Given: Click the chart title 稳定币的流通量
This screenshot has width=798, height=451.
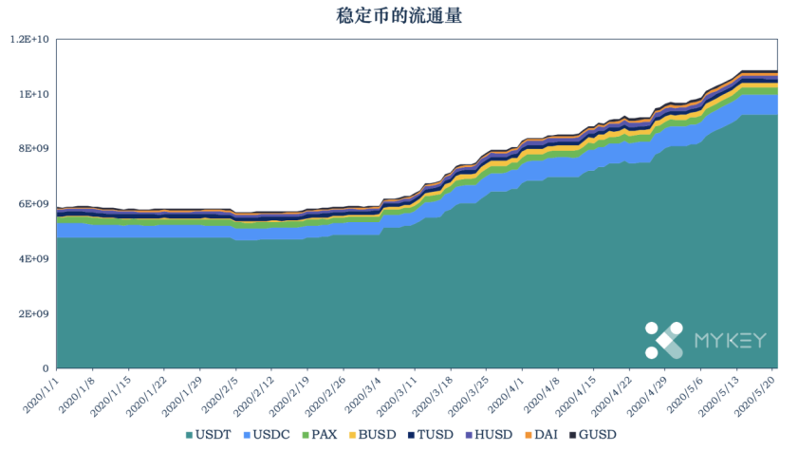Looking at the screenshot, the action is point(399,15).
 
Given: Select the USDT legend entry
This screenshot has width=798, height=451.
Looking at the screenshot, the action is point(209,435).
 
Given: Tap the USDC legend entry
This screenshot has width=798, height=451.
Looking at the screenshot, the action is point(268,435).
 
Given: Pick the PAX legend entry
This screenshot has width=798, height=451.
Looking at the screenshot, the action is point(320,435).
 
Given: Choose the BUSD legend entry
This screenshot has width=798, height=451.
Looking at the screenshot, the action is point(373,435).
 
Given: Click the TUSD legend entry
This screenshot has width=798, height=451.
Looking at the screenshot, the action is point(431,435).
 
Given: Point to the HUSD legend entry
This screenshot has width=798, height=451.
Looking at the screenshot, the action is point(490,435).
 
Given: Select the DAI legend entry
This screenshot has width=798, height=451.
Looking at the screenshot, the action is point(542,435).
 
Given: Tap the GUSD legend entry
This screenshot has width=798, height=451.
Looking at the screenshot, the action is point(593,435).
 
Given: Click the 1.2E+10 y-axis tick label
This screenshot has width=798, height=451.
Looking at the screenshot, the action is point(29,39).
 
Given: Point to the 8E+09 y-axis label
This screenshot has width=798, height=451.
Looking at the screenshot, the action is point(33,148).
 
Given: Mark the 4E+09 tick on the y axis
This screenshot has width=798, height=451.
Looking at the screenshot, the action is point(33,258).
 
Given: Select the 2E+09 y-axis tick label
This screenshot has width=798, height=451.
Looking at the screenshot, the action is point(33,313).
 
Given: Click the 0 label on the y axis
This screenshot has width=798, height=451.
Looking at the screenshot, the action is point(46,368).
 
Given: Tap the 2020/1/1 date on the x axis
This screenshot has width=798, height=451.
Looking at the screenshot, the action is point(41,394).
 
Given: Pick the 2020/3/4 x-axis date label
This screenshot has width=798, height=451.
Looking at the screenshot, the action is point(362,394).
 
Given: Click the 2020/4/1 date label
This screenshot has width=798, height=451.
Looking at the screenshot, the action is point(506,394).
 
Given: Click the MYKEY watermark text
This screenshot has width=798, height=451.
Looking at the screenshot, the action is point(731,341).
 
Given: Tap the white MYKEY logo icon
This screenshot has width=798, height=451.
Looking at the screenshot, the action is point(664,340).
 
